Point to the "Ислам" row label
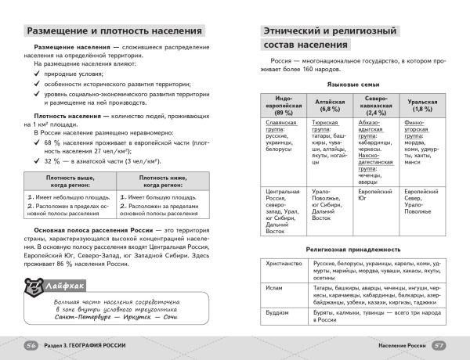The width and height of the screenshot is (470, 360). [x=274, y=287]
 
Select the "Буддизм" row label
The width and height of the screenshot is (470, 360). [x=277, y=310]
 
